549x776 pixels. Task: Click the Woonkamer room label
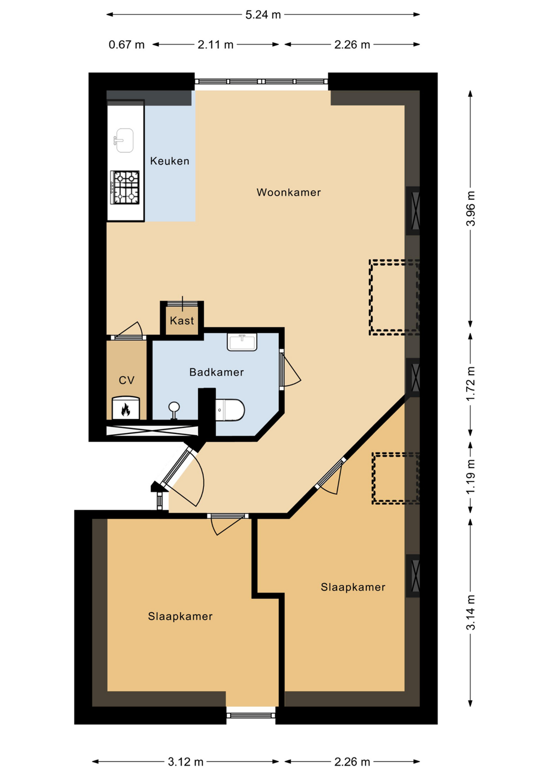(x=289, y=192)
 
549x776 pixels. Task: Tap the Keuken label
(x=170, y=161)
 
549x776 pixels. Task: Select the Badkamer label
(x=216, y=372)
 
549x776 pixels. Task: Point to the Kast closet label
(x=182, y=320)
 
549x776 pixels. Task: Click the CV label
(x=126, y=380)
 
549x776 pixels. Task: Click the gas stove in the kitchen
(x=125, y=187)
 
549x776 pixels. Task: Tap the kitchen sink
(x=124, y=140)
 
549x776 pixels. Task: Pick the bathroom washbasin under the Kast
(x=242, y=342)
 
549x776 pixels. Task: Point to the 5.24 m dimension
(x=263, y=14)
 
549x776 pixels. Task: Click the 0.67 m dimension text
(x=126, y=44)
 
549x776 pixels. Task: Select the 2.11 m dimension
(x=215, y=44)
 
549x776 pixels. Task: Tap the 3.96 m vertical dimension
(x=470, y=209)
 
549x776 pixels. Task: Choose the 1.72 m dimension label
(x=470, y=384)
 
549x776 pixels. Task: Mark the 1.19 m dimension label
(x=470, y=478)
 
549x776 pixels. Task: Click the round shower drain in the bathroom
(x=174, y=406)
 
